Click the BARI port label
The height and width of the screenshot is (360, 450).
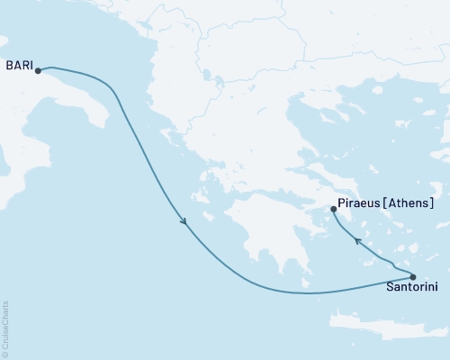pyautogui.click(x=20, y=65)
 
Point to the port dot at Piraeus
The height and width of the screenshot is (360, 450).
pyautogui.click(x=334, y=210)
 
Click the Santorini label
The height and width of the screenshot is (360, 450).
pyautogui.click(x=412, y=288)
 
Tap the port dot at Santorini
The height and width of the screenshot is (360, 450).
pyautogui.click(x=413, y=276)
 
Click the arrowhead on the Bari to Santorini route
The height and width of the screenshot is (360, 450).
pyautogui.click(x=184, y=222)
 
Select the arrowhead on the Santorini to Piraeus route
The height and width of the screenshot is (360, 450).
pyautogui.click(x=357, y=240)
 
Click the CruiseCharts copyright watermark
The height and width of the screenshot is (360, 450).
pyautogui.click(x=5, y=328)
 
